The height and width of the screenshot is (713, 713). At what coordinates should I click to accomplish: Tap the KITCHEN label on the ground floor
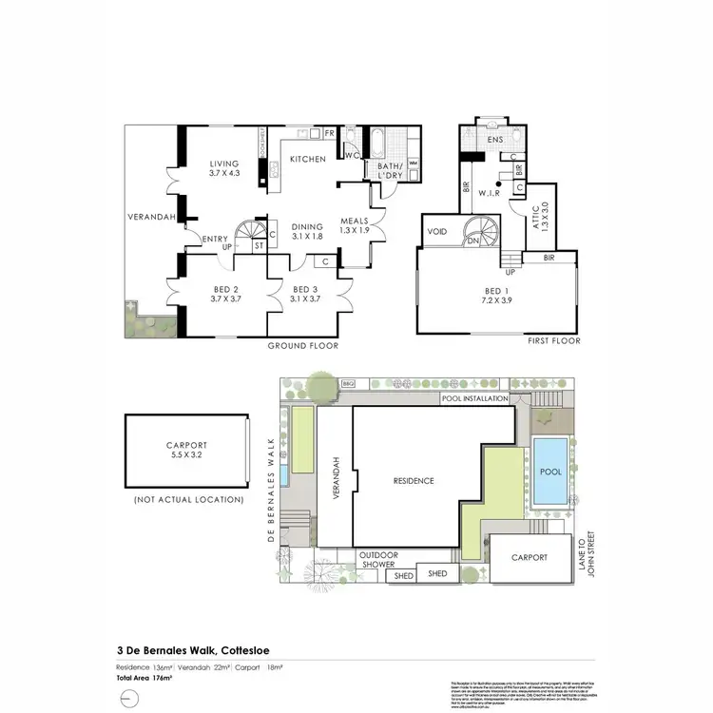(307, 159)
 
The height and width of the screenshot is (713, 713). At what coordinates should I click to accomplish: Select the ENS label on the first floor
(494, 141)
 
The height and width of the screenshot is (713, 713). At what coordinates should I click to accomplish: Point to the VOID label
(438, 231)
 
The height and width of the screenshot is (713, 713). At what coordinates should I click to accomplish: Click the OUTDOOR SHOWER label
(377, 560)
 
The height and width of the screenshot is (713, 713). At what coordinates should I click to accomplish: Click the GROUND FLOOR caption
(302, 345)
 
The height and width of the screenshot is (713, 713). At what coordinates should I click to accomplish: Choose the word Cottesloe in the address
(260, 649)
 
